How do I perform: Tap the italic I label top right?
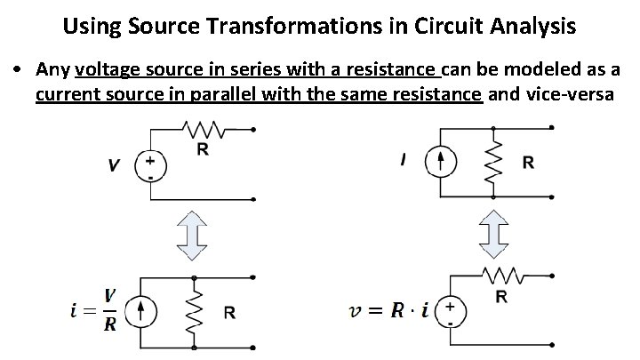tap(405, 161)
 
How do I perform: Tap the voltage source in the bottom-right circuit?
tap(452, 310)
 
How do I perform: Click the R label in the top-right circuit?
tap(528, 163)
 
